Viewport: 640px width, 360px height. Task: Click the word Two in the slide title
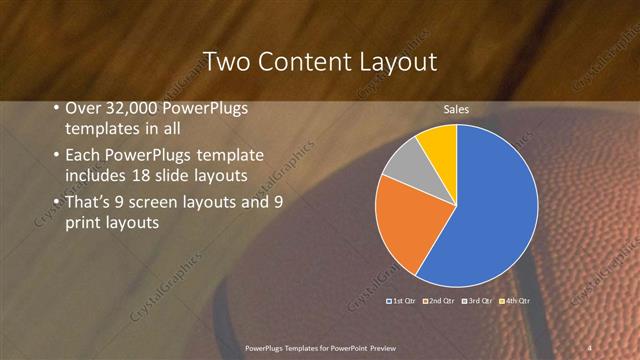click(x=225, y=62)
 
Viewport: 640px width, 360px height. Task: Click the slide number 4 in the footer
click(x=590, y=346)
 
